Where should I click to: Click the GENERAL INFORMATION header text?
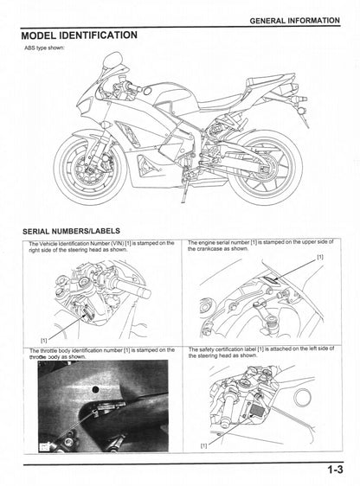click(294, 19)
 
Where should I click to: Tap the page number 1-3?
click(336, 470)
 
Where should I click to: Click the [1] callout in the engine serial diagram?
click(321, 258)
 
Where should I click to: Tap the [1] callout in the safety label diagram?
click(203, 445)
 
